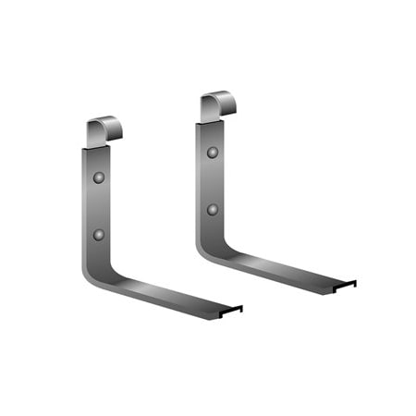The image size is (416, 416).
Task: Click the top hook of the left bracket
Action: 104,130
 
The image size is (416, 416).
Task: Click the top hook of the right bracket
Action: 217,105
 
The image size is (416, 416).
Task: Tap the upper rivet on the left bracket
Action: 99,177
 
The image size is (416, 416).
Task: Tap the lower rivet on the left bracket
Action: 99,235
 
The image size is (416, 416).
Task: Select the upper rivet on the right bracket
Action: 213,152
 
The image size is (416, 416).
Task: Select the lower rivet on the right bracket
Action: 213,210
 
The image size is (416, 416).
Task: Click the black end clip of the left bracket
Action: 231,310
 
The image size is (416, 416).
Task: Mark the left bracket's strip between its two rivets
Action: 99,205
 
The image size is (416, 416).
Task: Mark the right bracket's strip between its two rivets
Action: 213,180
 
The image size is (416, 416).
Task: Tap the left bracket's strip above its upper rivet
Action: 99,157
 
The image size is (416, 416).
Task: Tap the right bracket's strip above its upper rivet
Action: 213,133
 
